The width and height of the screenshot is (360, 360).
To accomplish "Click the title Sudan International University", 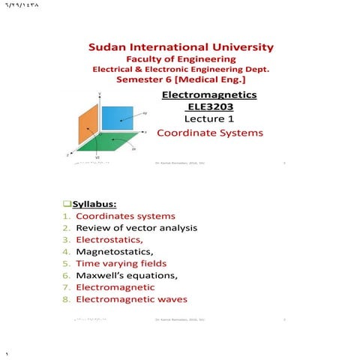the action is pyautogui.click(x=180, y=47).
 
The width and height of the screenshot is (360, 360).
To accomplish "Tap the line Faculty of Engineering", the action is pyautogui.click(x=180, y=58).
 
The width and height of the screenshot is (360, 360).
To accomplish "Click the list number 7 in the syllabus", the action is pyautogui.click(x=66, y=287).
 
